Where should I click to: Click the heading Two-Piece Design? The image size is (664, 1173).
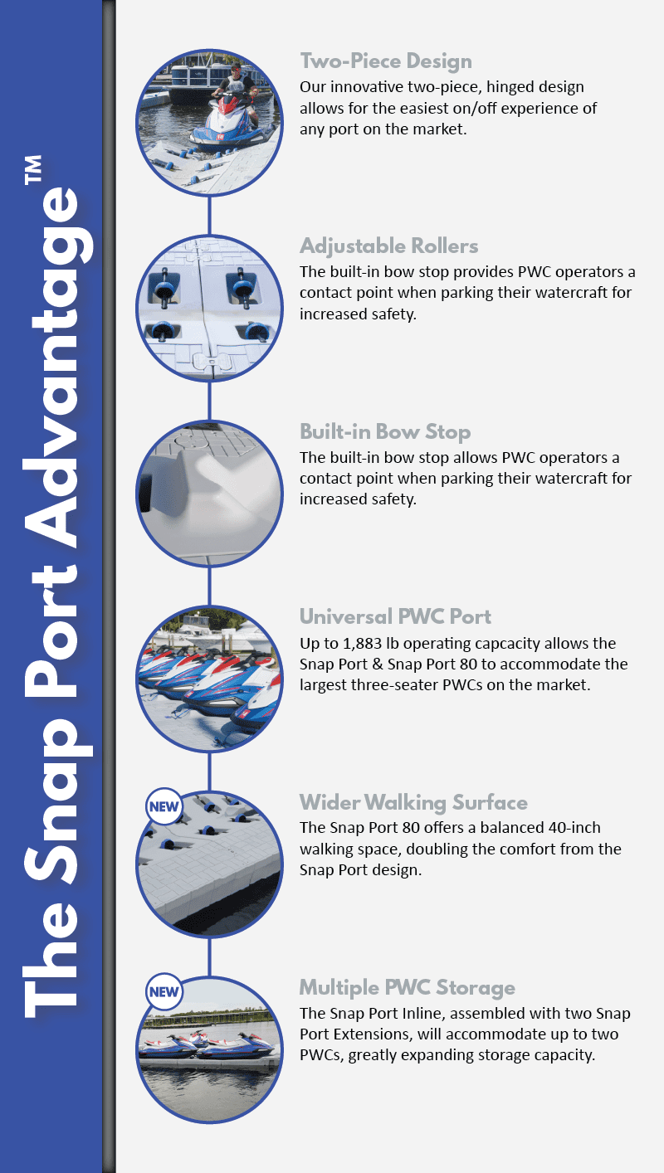(385, 61)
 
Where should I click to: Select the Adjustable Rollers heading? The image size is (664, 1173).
(388, 246)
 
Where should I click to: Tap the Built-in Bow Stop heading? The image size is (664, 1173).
(384, 432)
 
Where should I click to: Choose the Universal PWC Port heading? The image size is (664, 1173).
(395, 617)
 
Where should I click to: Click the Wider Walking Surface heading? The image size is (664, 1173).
(413, 802)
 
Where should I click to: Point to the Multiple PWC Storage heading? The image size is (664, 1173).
(407, 988)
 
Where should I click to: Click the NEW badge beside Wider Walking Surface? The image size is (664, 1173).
(163, 806)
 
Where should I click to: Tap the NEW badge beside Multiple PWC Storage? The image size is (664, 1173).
(163, 990)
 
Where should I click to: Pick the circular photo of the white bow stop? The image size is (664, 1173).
(208, 494)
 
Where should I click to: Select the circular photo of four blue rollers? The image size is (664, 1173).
(208, 308)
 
